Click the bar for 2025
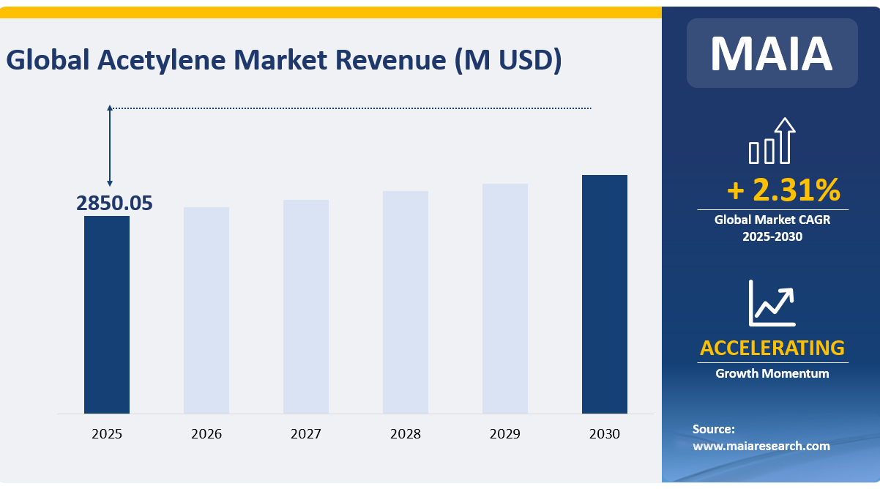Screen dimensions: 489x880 107,315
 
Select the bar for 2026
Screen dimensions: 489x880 206,310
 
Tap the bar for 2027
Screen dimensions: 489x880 306,307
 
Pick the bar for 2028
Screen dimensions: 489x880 406,302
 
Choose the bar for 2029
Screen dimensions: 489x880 505,299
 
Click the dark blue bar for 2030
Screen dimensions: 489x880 605,294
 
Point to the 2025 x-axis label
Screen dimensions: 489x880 107,434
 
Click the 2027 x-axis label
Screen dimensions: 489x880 306,434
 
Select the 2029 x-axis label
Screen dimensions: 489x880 505,434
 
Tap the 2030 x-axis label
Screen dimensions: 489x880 605,434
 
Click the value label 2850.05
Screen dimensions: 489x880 115,204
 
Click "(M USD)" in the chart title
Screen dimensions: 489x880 507,61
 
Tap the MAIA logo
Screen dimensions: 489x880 772,53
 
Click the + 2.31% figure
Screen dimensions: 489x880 783,190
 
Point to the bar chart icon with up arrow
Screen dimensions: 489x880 772,141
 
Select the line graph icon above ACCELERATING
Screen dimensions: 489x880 772,303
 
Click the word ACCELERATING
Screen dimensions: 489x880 772,348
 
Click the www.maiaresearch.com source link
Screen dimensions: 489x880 761,446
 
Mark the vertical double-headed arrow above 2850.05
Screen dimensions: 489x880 110,146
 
